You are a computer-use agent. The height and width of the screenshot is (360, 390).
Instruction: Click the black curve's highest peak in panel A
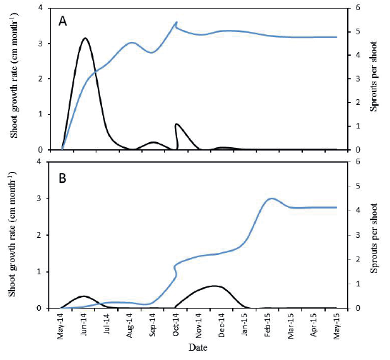click(85, 39)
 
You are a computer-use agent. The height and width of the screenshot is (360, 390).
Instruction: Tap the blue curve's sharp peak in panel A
click(176, 22)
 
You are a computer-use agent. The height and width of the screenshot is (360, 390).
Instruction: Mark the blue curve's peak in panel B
click(271, 199)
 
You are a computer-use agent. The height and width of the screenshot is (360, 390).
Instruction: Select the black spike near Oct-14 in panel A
click(176, 124)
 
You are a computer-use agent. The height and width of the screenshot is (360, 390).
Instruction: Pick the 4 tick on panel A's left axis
click(46, 8)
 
